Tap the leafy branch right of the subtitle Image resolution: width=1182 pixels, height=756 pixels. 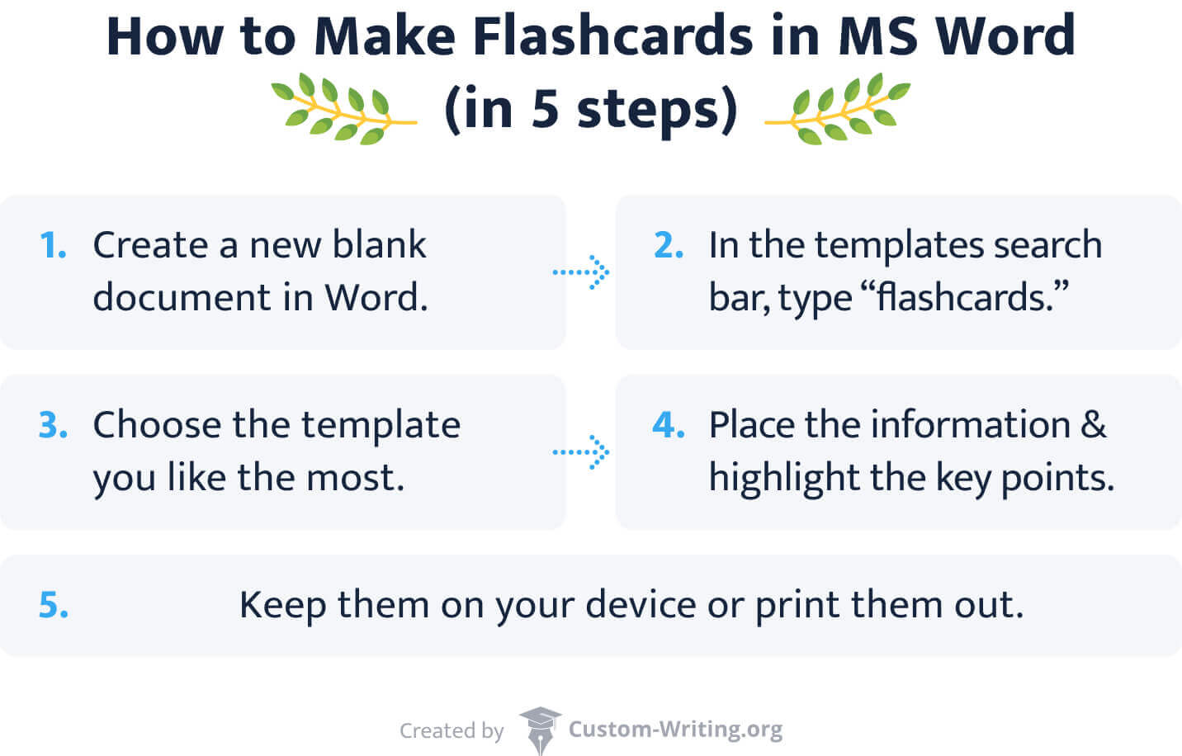tap(840, 111)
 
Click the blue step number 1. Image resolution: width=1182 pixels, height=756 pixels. tap(54, 245)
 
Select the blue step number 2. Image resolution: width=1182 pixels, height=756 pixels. tap(669, 245)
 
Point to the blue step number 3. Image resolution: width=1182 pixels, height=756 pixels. tap(54, 425)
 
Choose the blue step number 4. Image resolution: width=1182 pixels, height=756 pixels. tap(669, 425)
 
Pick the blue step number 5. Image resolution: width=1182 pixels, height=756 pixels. tap(54, 605)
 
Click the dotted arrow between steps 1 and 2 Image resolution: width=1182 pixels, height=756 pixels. tap(581, 272)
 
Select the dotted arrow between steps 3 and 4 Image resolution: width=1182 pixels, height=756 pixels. tap(581, 452)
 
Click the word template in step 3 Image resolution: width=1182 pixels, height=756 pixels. tap(381, 425)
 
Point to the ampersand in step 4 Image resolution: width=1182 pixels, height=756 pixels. tap(1093, 425)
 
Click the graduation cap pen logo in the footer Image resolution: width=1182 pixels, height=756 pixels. tap(539, 728)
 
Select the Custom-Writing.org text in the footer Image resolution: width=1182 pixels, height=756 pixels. tap(675, 730)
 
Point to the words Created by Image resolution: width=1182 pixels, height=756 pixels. tap(452, 730)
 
